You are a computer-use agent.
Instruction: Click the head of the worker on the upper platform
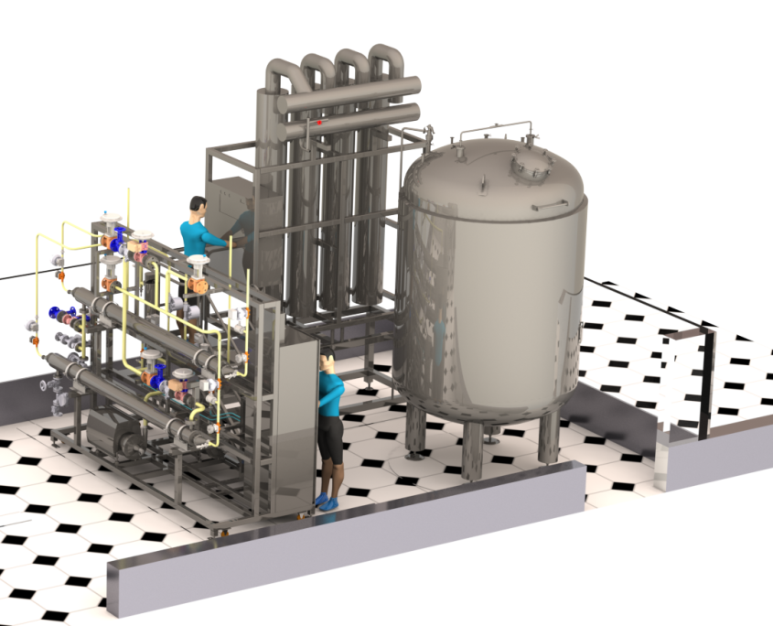[199, 206]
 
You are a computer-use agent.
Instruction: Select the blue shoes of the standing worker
[326, 501]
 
